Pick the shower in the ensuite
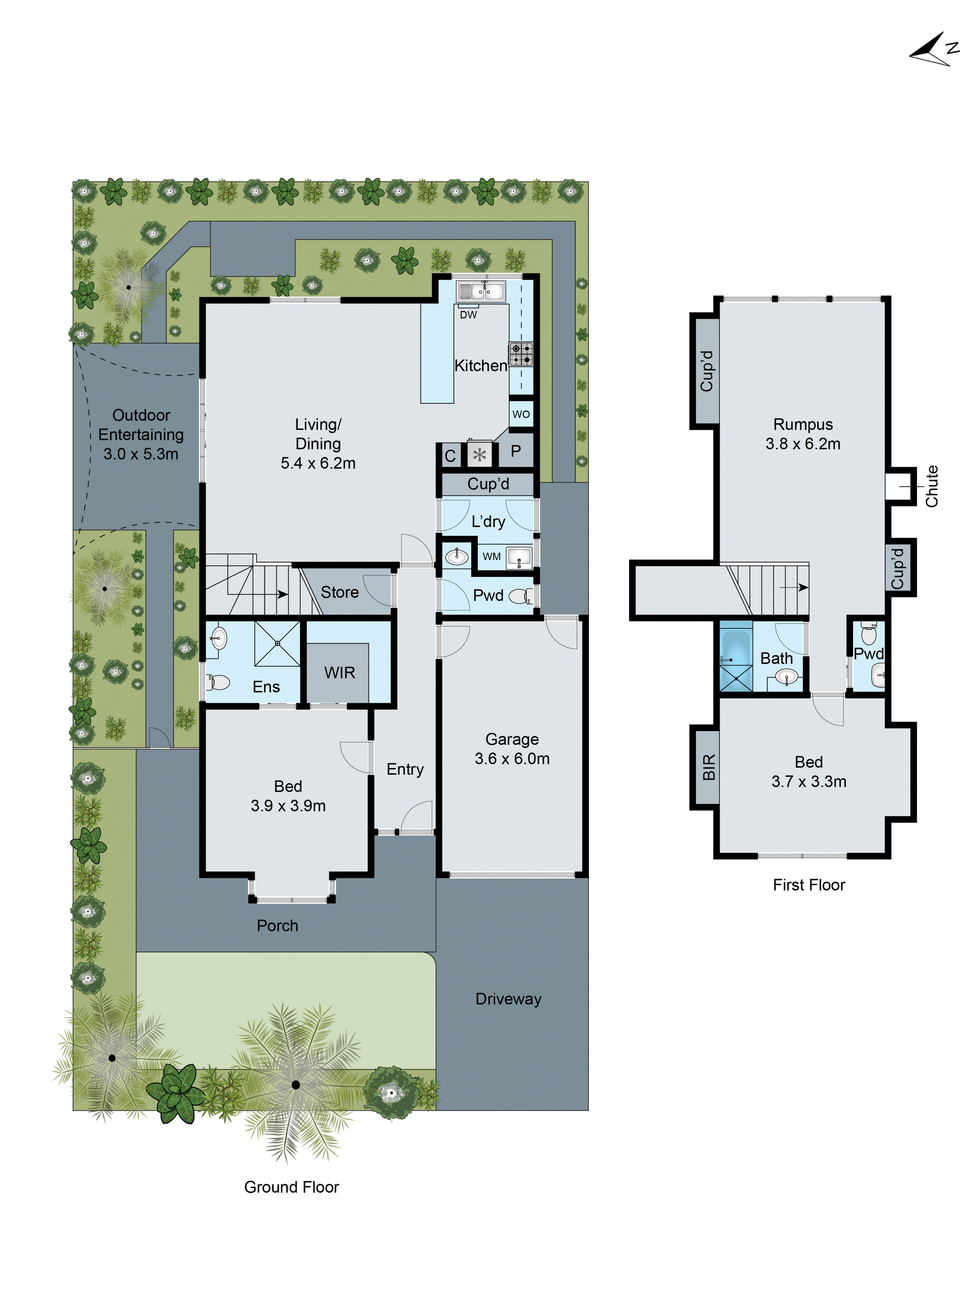click(277, 644)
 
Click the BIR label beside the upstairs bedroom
click(708, 767)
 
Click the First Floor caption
click(809, 884)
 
